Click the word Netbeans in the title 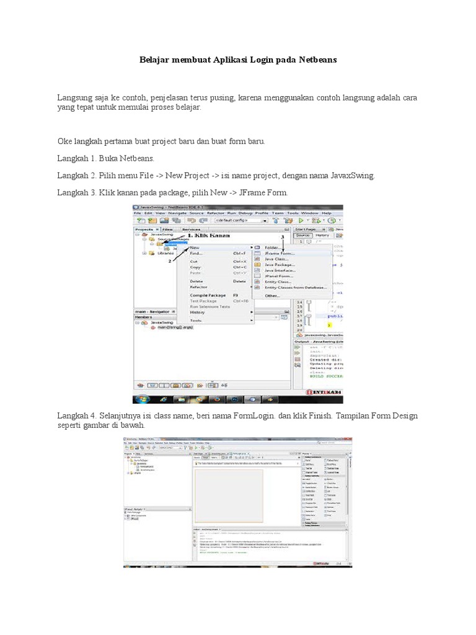click(x=314, y=61)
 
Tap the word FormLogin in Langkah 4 click(x=255, y=415)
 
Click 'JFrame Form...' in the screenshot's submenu click(x=280, y=253)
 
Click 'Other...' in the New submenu click(x=273, y=296)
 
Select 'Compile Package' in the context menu click(x=208, y=295)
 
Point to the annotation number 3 click(x=282, y=236)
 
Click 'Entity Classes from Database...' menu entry click(x=295, y=288)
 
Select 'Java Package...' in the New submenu click(x=280, y=265)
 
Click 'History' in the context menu click(x=198, y=312)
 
